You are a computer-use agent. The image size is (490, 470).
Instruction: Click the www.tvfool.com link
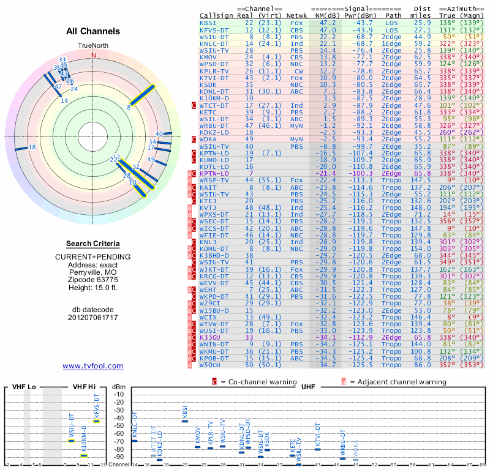(93, 366)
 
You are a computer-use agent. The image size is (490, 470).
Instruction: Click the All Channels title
(94, 31)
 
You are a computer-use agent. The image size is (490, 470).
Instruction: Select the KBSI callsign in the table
(208, 22)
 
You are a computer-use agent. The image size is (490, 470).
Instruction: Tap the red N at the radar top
(94, 54)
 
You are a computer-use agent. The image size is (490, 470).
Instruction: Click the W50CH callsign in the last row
(211, 365)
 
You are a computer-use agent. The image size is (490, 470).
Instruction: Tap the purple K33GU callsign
(210, 337)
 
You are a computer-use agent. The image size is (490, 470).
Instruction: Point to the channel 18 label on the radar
(32, 147)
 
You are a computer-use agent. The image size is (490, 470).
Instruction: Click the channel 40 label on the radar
(159, 133)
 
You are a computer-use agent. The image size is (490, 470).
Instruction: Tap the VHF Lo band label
(24, 388)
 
